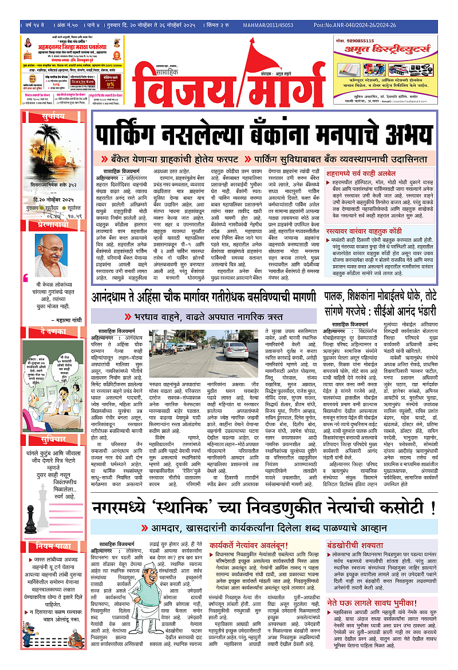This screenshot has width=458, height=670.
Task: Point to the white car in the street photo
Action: tap(236, 348)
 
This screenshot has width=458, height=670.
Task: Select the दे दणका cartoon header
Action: tap(46, 331)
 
